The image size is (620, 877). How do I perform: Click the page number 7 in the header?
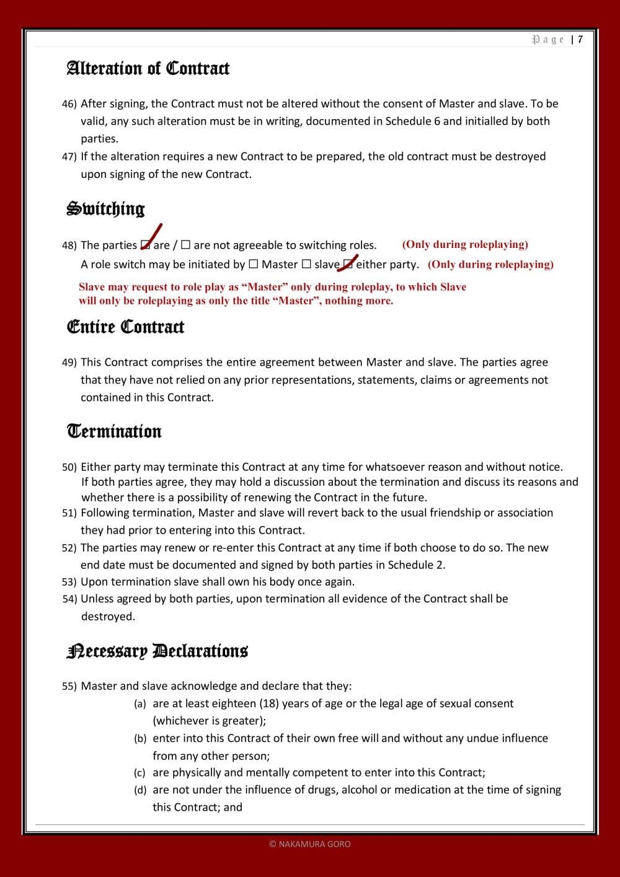click(580, 40)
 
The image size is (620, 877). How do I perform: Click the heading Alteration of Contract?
click(148, 68)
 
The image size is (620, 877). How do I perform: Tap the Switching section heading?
click(105, 209)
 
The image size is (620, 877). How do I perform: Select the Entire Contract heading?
click(125, 327)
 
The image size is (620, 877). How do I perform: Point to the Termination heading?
click(114, 431)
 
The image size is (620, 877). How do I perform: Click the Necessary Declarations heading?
click(157, 651)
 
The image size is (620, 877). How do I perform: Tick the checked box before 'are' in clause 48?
click(146, 245)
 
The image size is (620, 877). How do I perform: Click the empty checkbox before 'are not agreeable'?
click(185, 245)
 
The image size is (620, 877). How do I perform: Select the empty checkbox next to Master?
click(254, 264)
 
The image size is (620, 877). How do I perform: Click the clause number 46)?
click(69, 104)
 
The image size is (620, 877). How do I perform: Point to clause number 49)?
click(69, 363)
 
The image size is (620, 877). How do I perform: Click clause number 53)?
click(69, 582)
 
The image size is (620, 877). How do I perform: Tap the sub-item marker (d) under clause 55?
click(140, 790)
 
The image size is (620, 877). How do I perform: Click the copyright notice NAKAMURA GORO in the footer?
click(310, 844)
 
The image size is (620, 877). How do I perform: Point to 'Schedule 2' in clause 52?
click(415, 565)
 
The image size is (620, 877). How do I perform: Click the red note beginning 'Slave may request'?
click(272, 294)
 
